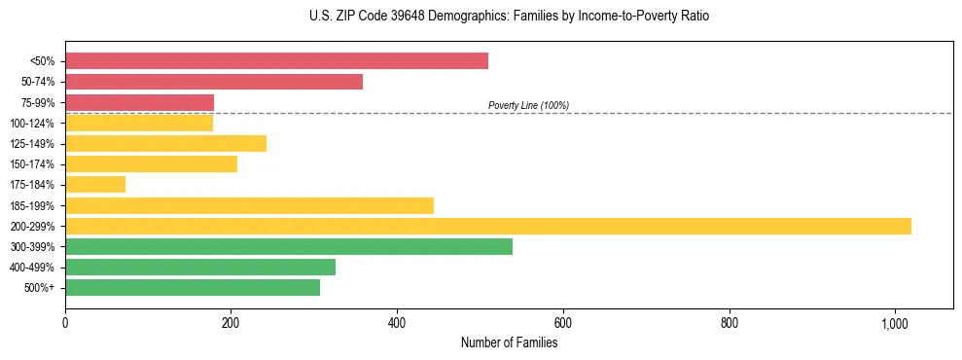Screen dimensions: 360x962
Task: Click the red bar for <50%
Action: click(276, 61)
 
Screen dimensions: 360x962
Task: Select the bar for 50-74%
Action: click(214, 82)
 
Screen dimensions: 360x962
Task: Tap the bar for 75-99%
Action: click(139, 102)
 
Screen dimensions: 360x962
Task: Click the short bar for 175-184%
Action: click(95, 185)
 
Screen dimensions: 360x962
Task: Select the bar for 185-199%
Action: click(249, 205)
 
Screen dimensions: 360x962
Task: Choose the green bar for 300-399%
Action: click(289, 246)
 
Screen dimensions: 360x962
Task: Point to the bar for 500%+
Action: click(193, 287)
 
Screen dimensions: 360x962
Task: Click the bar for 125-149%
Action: click(165, 144)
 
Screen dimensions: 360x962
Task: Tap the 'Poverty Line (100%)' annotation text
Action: click(528, 105)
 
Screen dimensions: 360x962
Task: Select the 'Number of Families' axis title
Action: click(509, 342)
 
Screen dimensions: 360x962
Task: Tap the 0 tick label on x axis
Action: click(65, 323)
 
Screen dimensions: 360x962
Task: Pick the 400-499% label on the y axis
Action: click(35, 268)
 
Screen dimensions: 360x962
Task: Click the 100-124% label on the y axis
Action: click(35, 124)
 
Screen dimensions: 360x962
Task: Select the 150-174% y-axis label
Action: click(35, 164)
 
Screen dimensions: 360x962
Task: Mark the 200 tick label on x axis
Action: click(231, 323)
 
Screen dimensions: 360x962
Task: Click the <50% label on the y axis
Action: click(43, 61)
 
